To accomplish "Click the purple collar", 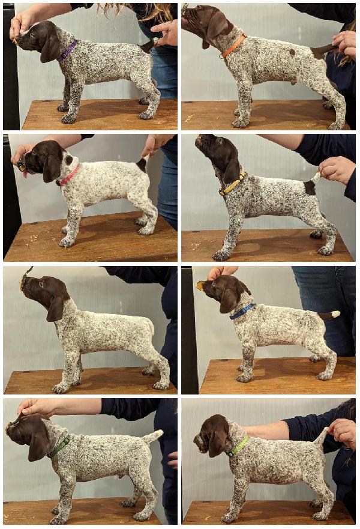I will [67, 50].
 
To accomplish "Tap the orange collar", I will [234, 46].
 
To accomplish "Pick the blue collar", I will [241, 312].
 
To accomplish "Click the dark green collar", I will [59, 447].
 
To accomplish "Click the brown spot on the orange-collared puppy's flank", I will [292, 52].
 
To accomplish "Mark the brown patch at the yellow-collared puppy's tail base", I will [310, 187].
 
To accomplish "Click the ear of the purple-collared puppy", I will [50, 46].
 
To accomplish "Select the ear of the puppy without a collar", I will [56, 307].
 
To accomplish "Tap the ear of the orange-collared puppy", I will [217, 27].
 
